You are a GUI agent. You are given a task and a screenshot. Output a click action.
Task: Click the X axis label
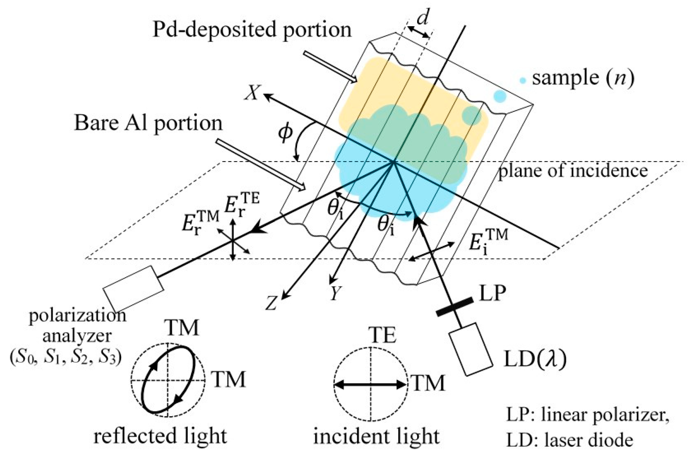click(x=253, y=93)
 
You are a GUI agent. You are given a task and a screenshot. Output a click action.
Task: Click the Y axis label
click(x=336, y=293)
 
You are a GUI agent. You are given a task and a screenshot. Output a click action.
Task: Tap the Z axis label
click(x=271, y=303)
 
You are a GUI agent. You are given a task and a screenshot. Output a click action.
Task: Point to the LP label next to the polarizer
click(x=493, y=293)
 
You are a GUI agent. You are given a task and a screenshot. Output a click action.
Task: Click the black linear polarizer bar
click(x=455, y=307)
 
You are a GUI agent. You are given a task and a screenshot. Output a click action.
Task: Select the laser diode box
click(x=471, y=350)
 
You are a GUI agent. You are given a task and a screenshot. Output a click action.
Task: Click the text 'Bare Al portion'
click(x=148, y=123)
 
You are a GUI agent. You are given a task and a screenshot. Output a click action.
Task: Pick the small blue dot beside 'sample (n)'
click(x=523, y=80)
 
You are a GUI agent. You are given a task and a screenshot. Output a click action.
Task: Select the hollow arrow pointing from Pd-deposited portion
click(x=330, y=67)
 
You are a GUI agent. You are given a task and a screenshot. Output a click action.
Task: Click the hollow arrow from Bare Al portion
click(x=261, y=165)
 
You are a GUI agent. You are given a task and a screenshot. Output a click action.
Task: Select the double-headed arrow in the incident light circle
click(x=370, y=385)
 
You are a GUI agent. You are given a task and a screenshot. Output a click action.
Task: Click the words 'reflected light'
click(x=160, y=436)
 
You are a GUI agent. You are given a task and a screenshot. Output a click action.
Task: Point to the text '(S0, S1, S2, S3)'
click(x=65, y=358)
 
